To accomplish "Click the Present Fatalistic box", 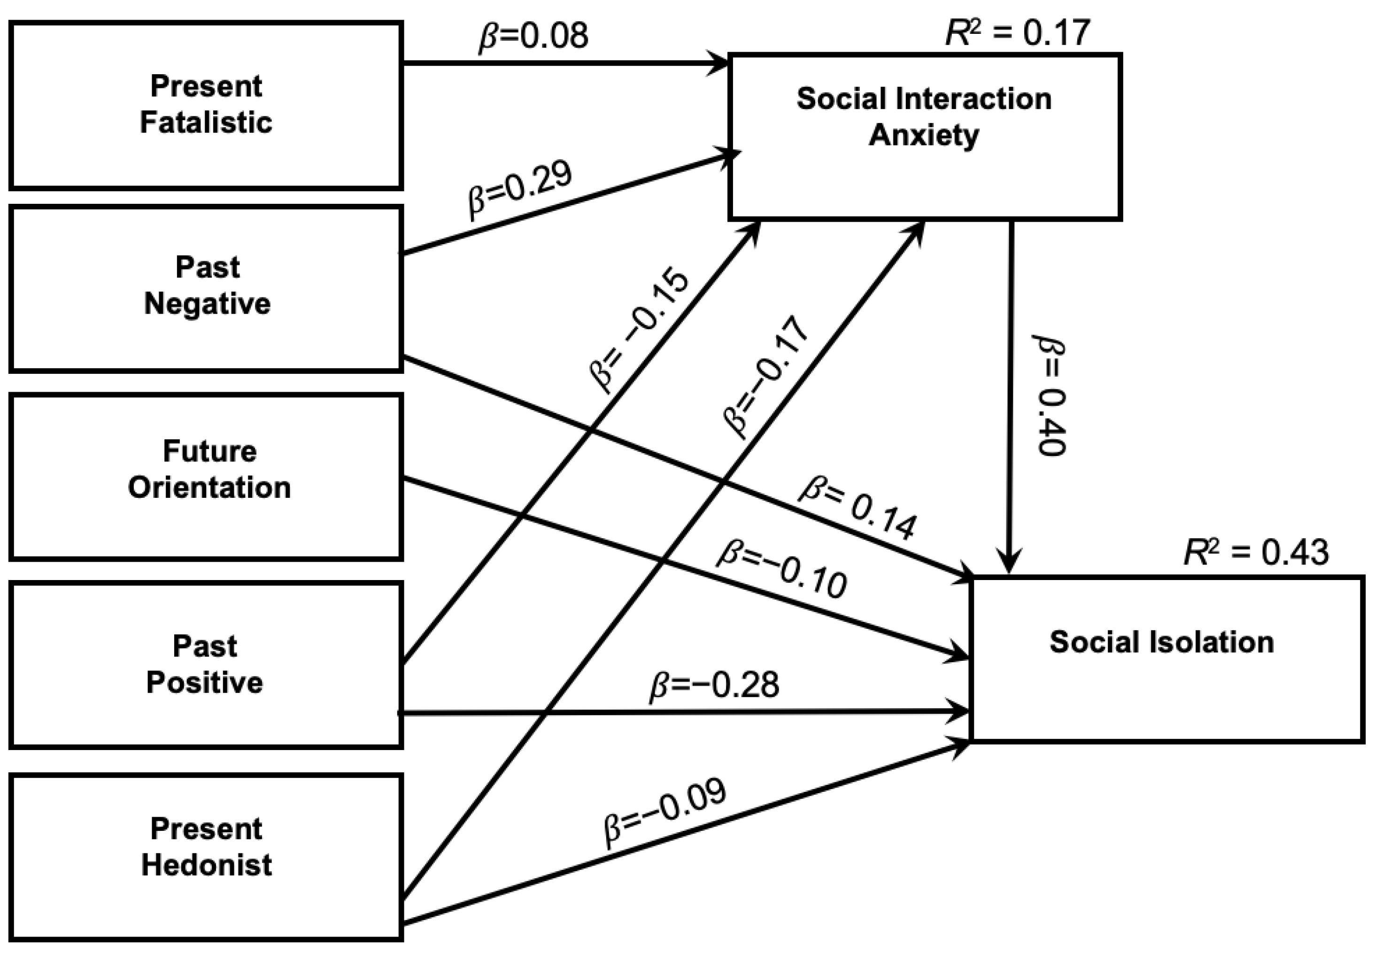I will (x=205, y=105).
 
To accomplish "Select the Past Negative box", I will (x=205, y=289).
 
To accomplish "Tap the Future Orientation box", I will (x=205, y=477).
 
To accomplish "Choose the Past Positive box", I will (x=205, y=665).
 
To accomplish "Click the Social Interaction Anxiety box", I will (x=924, y=137).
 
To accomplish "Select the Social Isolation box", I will (x=1166, y=659).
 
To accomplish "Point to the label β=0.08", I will (x=533, y=36).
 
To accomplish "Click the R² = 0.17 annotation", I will (x=1017, y=33).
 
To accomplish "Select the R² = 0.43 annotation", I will (x=1256, y=552).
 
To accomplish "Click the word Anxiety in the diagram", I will (x=924, y=135).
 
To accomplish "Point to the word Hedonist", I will (x=207, y=865).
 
